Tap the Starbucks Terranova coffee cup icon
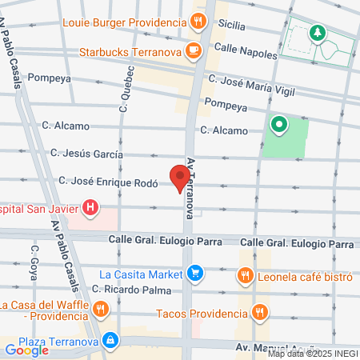tap(192, 51)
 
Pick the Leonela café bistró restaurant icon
tap(246, 277)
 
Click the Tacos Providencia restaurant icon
tap(258, 312)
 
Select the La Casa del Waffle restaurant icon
tap(100, 309)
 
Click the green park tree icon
tap(318, 32)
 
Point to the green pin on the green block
tap(279, 124)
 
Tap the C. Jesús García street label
tap(86, 153)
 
